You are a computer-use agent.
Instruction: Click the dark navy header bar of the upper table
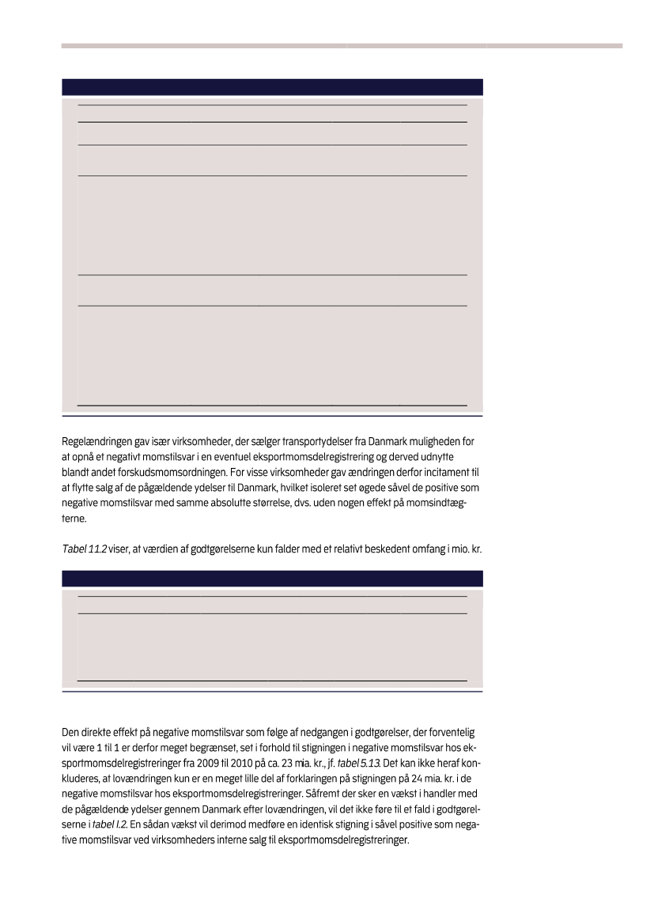pyautogui.click(x=272, y=87)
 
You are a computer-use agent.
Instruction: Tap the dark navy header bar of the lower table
pyautogui.click(x=272, y=579)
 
